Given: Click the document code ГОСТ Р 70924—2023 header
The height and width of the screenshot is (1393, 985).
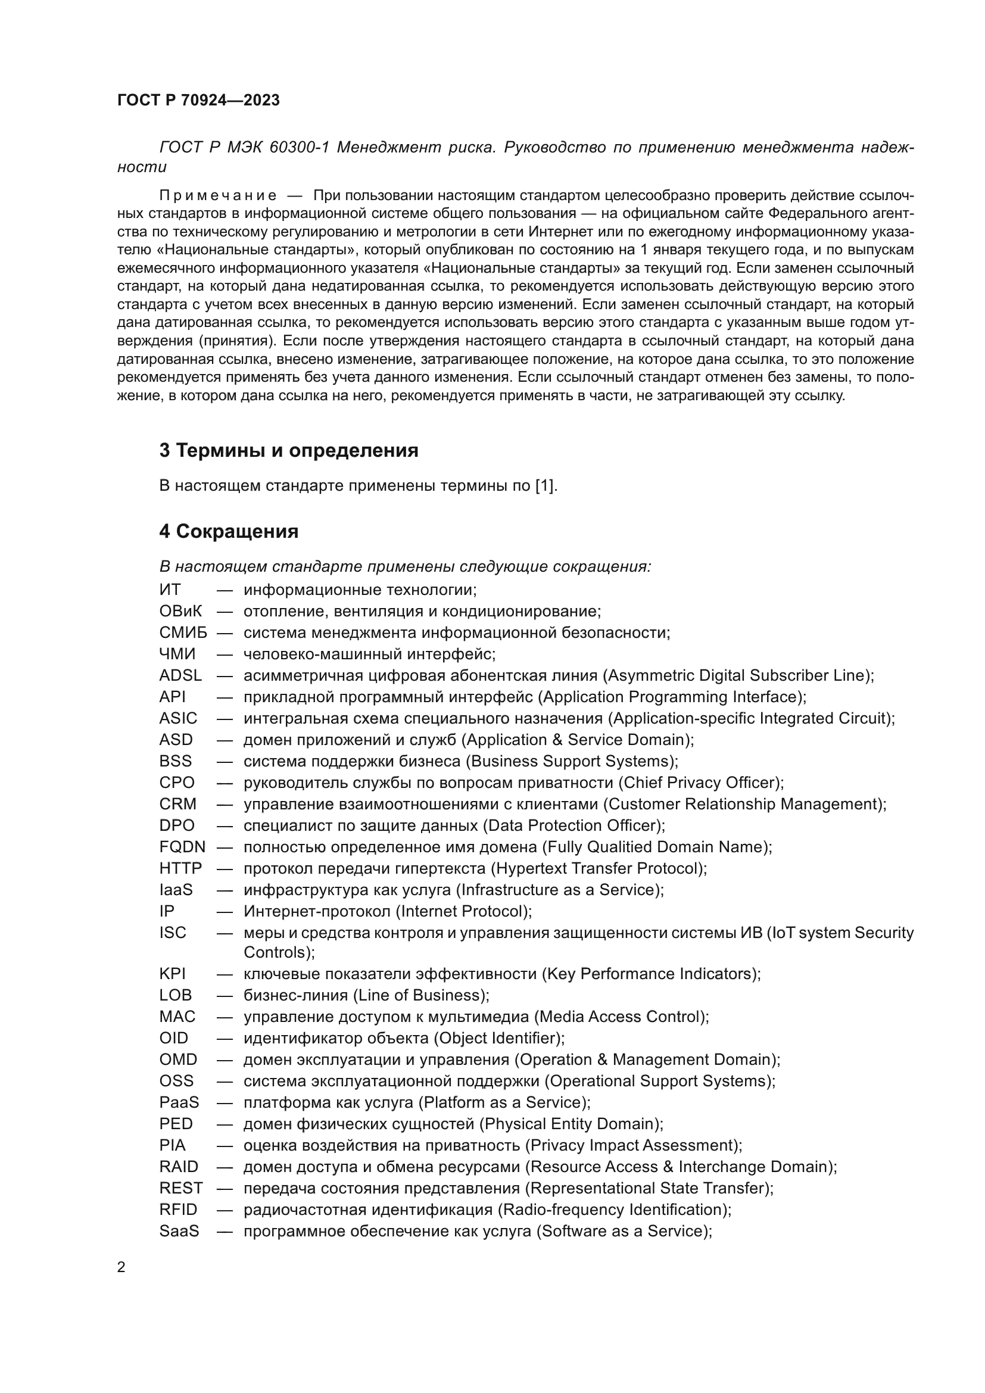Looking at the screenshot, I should click(x=198, y=101).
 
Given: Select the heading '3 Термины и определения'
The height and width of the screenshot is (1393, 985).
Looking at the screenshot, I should click(x=289, y=451).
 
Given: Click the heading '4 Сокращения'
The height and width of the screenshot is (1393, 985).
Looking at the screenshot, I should click(x=229, y=531).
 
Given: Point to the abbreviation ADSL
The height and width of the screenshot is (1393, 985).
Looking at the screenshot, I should click(x=180, y=675).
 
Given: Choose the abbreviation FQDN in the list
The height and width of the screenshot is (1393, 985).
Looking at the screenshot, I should click(x=182, y=846).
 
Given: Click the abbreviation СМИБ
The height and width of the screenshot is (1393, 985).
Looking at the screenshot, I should click(x=183, y=633).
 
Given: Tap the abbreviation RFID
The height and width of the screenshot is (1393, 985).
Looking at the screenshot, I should click(x=177, y=1209).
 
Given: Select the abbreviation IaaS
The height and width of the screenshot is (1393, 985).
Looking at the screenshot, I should click(x=175, y=889).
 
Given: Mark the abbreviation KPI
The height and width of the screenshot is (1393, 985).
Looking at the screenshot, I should click(x=172, y=973).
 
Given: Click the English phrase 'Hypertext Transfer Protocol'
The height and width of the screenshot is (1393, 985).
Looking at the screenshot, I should click(x=598, y=868).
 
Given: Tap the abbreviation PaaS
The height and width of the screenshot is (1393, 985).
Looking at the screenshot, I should click(x=179, y=1102).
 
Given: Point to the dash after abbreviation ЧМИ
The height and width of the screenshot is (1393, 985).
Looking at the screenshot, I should click(x=225, y=654).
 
